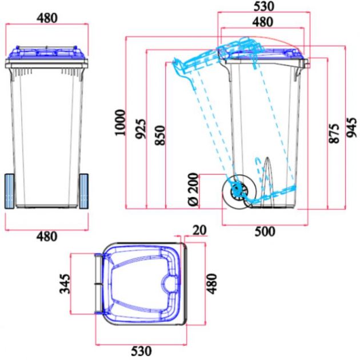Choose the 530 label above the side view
point(263,7)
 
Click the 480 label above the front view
point(47,18)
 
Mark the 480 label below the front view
point(47,236)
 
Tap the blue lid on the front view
point(47,53)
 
